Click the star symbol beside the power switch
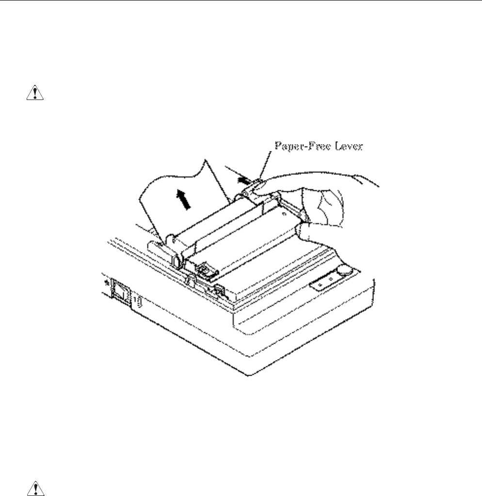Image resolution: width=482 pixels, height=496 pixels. point(104,281)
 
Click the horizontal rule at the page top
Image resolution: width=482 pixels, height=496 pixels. point(241,1)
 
